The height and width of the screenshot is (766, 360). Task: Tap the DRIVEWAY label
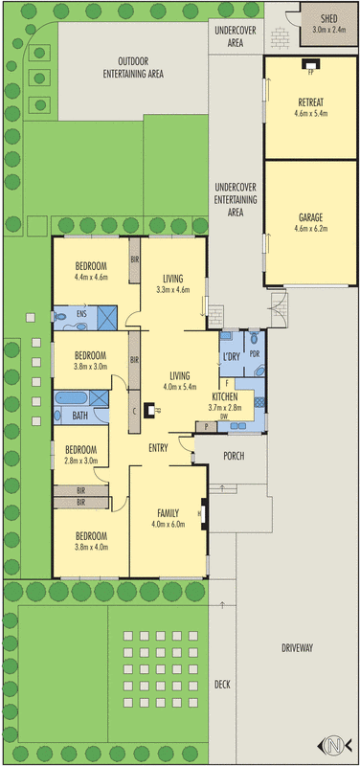click(x=297, y=648)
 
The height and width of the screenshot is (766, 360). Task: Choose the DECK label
click(x=222, y=684)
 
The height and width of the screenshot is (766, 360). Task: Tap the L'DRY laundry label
click(x=231, y=356)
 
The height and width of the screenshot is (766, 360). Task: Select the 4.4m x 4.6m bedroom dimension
click(x=90, y=277)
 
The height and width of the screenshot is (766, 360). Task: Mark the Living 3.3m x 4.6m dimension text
click(x=173, y=288)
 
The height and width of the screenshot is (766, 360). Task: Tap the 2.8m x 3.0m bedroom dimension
click(x=81, y=461)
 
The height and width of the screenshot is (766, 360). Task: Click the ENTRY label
click(x=159, y=447)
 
